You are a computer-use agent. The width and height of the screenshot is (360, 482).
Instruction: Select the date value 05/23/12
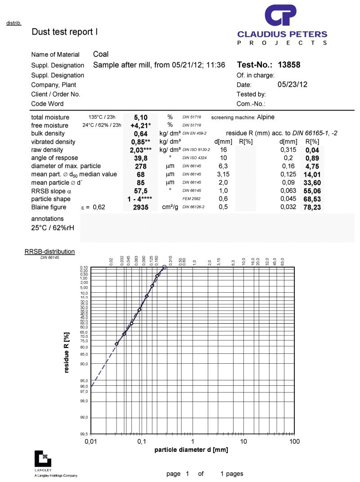point(292,84)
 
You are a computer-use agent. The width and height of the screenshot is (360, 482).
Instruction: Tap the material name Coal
point(101,54)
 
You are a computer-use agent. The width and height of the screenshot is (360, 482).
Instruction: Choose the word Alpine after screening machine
point(265,117)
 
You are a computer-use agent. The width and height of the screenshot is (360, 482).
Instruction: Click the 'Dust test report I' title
point(64,32)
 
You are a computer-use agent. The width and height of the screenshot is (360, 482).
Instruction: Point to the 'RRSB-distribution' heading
point(49,252)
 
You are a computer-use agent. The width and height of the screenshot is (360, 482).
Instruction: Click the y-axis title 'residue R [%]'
point(67,353)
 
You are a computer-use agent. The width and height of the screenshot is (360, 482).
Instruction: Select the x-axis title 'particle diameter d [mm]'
point(191,450)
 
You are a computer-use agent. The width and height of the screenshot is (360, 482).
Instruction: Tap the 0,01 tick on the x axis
point(91,442)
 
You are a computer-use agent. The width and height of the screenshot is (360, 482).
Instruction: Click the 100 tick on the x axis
point(294,442)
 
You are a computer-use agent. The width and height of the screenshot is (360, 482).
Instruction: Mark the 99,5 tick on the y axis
point(84,434)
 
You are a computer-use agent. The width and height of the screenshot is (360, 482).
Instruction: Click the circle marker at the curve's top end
point(164,268)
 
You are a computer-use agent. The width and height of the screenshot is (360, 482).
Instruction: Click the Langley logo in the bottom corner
point(43,458)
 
